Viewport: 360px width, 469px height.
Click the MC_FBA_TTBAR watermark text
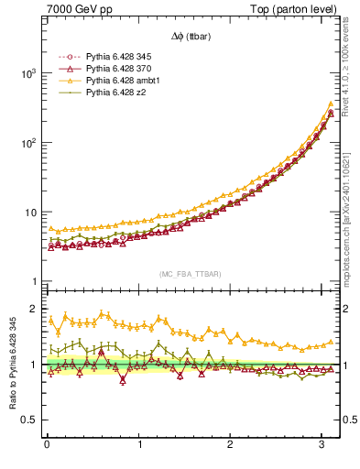pyautogui.click(x=190, y=274)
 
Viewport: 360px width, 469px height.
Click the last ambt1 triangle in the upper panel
pyautogui.click(x=330, y=104)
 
